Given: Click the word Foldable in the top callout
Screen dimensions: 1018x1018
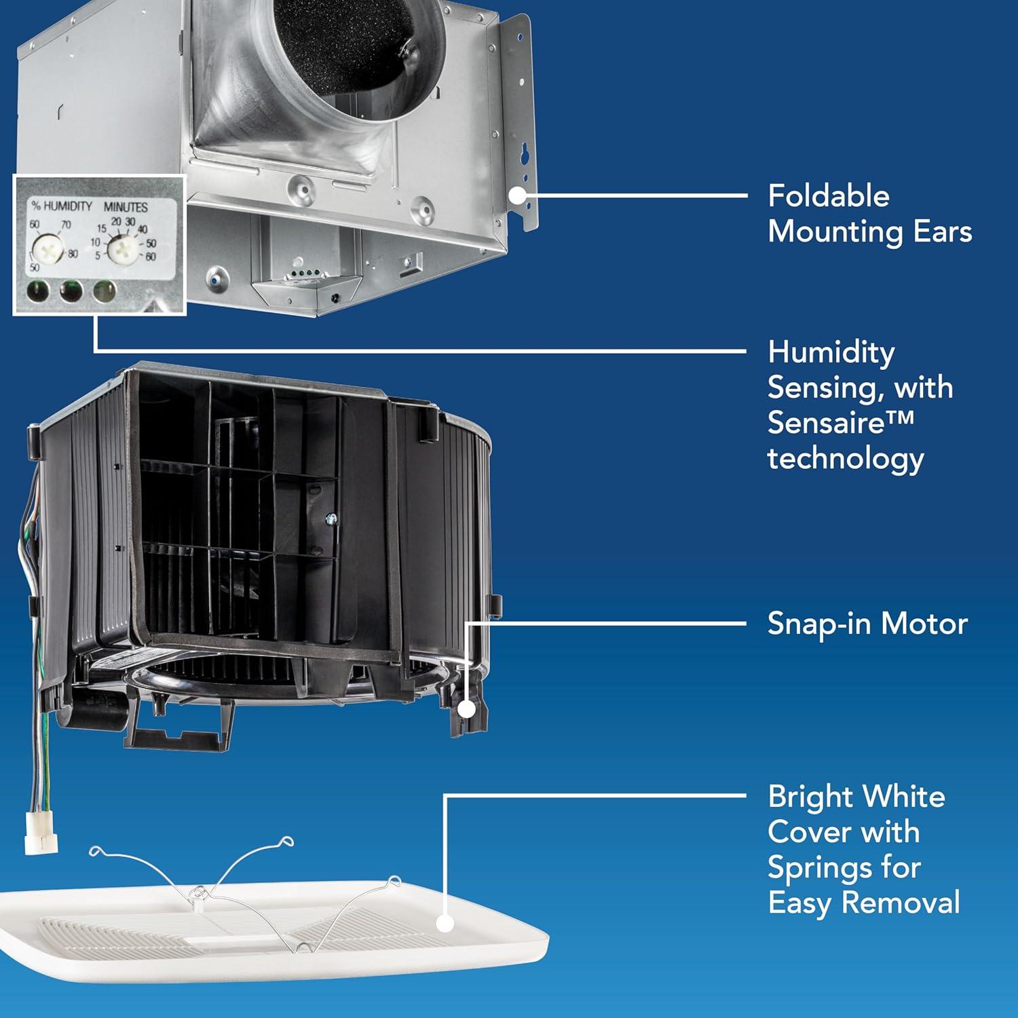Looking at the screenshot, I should point(828,196).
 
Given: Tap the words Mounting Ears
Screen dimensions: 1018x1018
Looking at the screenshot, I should point(869,231).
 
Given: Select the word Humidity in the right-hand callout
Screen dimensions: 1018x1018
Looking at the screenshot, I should point(831,352).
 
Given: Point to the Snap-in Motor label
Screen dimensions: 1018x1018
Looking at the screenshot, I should point(867,624).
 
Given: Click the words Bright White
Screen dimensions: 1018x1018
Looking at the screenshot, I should point(856,797).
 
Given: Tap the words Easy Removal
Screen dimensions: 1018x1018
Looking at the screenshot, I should point(864,903).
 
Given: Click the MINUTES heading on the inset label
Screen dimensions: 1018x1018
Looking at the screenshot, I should point(126,206).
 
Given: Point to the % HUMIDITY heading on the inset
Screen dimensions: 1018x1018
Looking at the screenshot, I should point(62,206).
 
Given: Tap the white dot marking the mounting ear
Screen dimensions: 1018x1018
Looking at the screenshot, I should point(518,196).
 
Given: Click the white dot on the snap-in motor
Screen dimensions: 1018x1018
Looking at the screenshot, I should point(467,709).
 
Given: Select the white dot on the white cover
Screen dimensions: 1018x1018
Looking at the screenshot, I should point(445,923).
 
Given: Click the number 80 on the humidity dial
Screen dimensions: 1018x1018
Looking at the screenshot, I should point(73,254).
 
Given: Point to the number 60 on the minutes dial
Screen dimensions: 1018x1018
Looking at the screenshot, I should point(150,257).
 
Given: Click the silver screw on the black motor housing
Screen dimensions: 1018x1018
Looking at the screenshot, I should point(331,519).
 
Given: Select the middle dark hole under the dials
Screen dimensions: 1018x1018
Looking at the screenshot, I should point(71,293).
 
